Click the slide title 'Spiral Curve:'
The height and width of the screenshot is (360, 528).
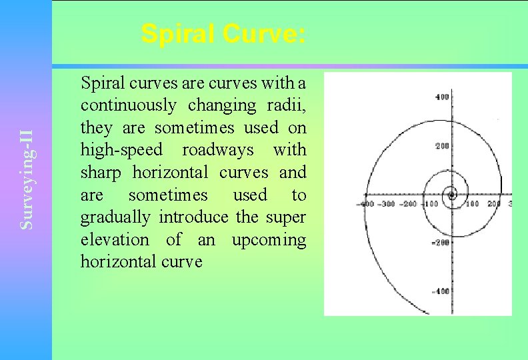click(224, 34)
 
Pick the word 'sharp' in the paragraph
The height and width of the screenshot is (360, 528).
click(101, 173)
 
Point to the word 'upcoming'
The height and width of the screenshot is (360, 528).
click(269, 239)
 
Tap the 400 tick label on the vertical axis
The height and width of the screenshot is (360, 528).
click(442, 97)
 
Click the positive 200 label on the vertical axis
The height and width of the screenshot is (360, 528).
click(442, 146)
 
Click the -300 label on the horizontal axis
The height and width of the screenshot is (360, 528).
click(387, 203)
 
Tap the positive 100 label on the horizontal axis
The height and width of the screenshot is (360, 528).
click(472, 203)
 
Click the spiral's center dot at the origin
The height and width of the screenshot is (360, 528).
click(452, 195)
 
